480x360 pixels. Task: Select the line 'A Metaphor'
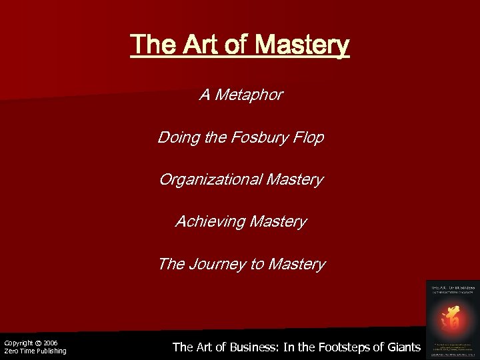click(x=241, y=96)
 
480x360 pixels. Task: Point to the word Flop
click(x=308, y=138)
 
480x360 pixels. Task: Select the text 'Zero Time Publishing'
click(x=35, y=351)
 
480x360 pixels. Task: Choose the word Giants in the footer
click(x=403, y=347)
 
